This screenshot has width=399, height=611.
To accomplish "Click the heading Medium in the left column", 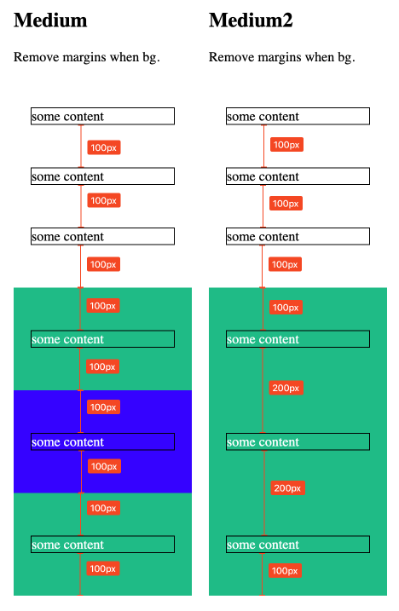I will click(x=50, y=20).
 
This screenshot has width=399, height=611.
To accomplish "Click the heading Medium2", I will click(x=251, y=20).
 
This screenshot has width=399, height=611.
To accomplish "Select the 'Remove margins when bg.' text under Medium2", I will click(x=281, y=58).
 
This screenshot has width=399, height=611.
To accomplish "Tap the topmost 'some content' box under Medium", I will click(x=102, y=117).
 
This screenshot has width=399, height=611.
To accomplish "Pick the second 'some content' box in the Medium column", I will click(x=102, y=176).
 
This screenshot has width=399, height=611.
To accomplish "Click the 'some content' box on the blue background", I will click(x=102, y=442).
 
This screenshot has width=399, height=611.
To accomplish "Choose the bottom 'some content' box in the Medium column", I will click(x=102, y=545).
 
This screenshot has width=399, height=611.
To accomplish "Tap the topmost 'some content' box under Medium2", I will click(x=297, y=117).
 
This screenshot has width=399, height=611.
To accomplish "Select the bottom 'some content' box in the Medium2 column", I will click(x=297, y=545).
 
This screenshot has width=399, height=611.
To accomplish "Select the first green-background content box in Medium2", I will click(x=297, y=339).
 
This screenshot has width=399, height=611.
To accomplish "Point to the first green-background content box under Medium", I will click(x=102, y=339).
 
